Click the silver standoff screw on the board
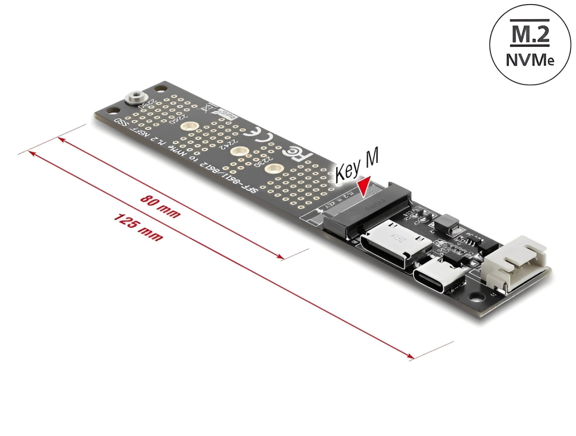(x=133, y=98)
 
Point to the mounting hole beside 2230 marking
(x=271, y=168)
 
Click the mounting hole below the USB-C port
(x=476, y=297)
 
